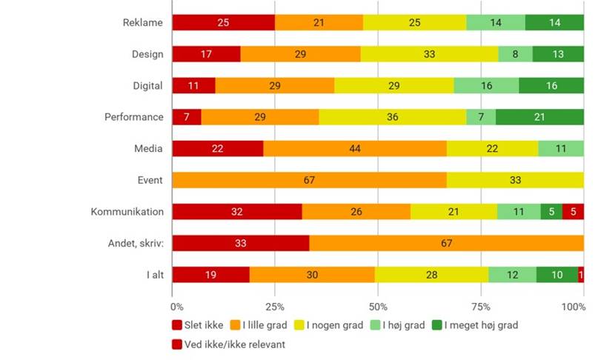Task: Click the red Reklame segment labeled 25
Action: [223, 22]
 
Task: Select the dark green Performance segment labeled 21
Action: [539, 117]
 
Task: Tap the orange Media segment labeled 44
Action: [355, 148]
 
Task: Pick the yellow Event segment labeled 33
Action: [515, 180]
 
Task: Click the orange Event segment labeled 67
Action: [310, 180]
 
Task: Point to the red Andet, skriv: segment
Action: [241, 243]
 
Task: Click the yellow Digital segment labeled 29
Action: [394, 85]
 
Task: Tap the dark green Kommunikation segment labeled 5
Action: [551, 212]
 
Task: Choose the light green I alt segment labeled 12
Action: [512, 275]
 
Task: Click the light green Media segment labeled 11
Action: [561, 148]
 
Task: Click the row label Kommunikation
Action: [127, 212]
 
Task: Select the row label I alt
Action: [154, 275]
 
